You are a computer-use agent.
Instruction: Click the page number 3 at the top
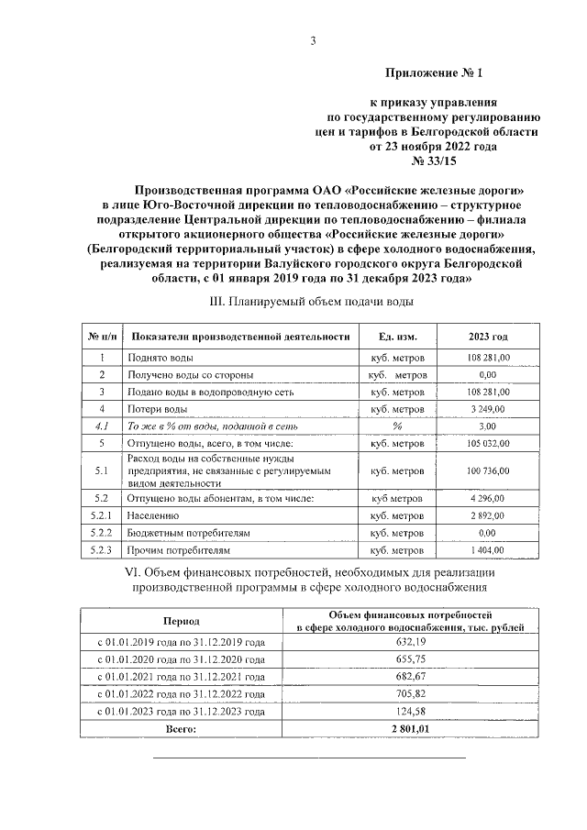coord(313,40)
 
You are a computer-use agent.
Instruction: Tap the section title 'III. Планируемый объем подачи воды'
coord(312,301)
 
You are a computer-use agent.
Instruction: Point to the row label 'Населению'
coord(155,515)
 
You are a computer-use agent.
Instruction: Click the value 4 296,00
coord(487,498)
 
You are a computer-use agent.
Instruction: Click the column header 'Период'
coord(181,621)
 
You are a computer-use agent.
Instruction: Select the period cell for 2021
coord(182,677)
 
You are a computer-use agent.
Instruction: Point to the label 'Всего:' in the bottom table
coord(181,728)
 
